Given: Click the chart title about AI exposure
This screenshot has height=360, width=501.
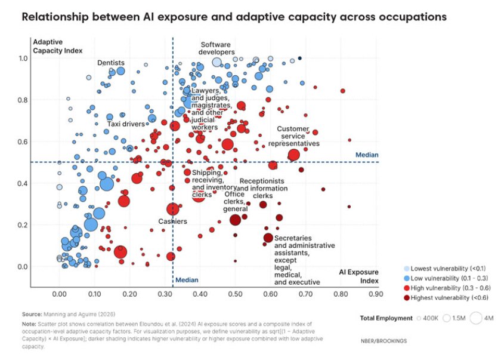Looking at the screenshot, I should click(x=234, y=17).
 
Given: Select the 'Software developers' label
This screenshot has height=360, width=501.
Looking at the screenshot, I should click(x=217, y=48).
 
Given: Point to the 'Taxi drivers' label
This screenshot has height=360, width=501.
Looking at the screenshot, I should click(x=126, y=124).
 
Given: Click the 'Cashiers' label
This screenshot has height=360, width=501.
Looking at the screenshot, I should click(x=172, y=221).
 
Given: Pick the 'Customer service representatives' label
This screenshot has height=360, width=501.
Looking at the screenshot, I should click(x=293, y=136).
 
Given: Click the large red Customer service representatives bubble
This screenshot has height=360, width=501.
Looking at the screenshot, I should click(x=293, y=155).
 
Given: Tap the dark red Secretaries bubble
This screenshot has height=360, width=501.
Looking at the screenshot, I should click(x=268, y=238).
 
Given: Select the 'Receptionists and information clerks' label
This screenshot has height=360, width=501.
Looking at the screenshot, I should click(x=263, y=188).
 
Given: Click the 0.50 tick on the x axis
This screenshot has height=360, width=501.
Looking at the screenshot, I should click(x=234, y=294).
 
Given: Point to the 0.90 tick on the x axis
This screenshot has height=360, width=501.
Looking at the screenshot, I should click(x=375, y=294).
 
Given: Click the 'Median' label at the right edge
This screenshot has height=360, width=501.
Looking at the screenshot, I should click(x=367, y=155).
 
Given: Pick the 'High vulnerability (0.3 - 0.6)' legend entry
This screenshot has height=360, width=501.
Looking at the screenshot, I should click(x=447, y=287).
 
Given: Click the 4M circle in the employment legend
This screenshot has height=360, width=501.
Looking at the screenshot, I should click(x=475, y=318).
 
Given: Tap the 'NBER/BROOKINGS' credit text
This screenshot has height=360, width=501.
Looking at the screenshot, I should click(x=384, y=340).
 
